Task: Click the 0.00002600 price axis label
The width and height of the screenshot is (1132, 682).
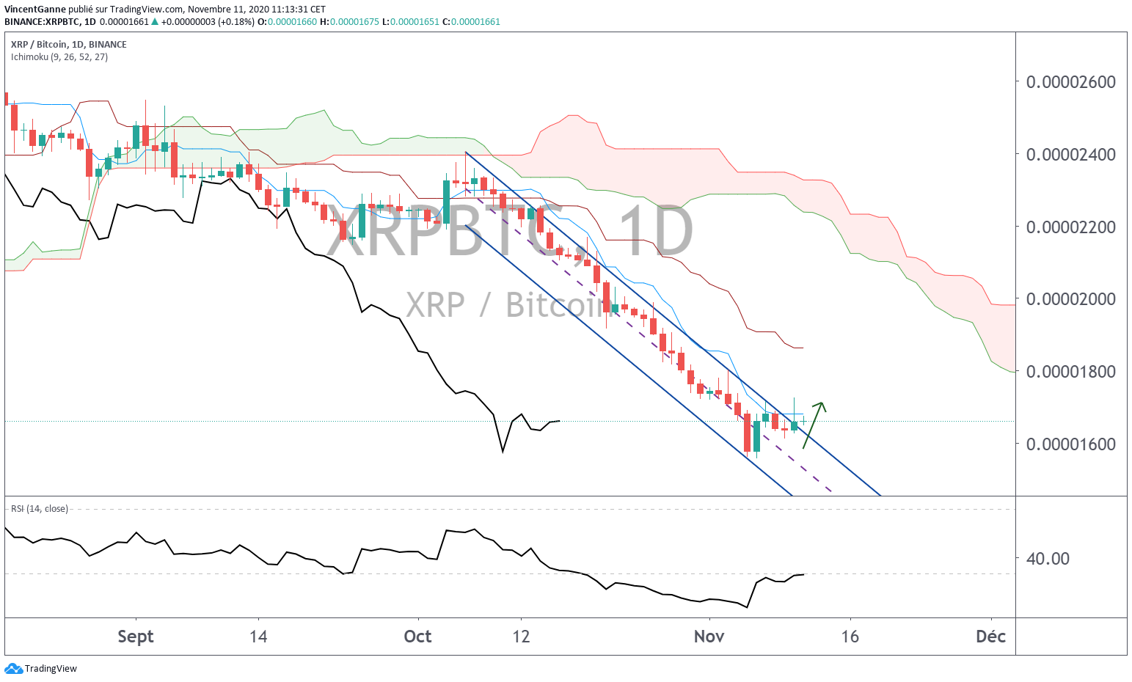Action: pos(1070,82)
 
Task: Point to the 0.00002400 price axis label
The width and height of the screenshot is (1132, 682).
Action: pos(1070,155)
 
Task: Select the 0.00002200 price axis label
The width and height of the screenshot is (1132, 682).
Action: pos(1070,227)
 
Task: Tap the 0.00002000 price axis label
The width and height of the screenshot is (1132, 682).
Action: pos(1070,299)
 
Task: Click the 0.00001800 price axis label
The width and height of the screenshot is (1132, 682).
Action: pos(1070,372)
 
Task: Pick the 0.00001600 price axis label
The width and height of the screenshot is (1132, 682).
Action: pos(1070,444)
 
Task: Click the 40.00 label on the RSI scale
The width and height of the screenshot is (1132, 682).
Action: pos(1048,559)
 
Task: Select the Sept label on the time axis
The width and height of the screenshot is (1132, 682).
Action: pos(136,637)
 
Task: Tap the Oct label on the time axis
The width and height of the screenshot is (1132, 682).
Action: pos(417,637)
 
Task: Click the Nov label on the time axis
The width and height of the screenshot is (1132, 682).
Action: pos(709,637)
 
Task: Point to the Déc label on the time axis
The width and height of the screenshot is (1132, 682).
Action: pos(990,637)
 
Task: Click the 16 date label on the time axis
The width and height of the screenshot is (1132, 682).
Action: pos(850,637)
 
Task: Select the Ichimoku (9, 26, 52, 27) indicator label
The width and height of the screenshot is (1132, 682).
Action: pos(59,57)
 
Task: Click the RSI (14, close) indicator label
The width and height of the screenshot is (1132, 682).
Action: pos(39,509)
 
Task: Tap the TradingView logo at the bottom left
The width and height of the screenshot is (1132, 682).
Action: pos(41,669)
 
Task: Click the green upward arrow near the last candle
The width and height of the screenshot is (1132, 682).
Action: pos(814,425)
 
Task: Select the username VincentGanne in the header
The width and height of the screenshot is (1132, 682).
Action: pos(35,10)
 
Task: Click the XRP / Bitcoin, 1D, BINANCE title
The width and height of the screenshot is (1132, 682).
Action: pos(69,45)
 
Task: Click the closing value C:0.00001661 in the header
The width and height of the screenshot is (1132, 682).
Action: pos(471,22)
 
